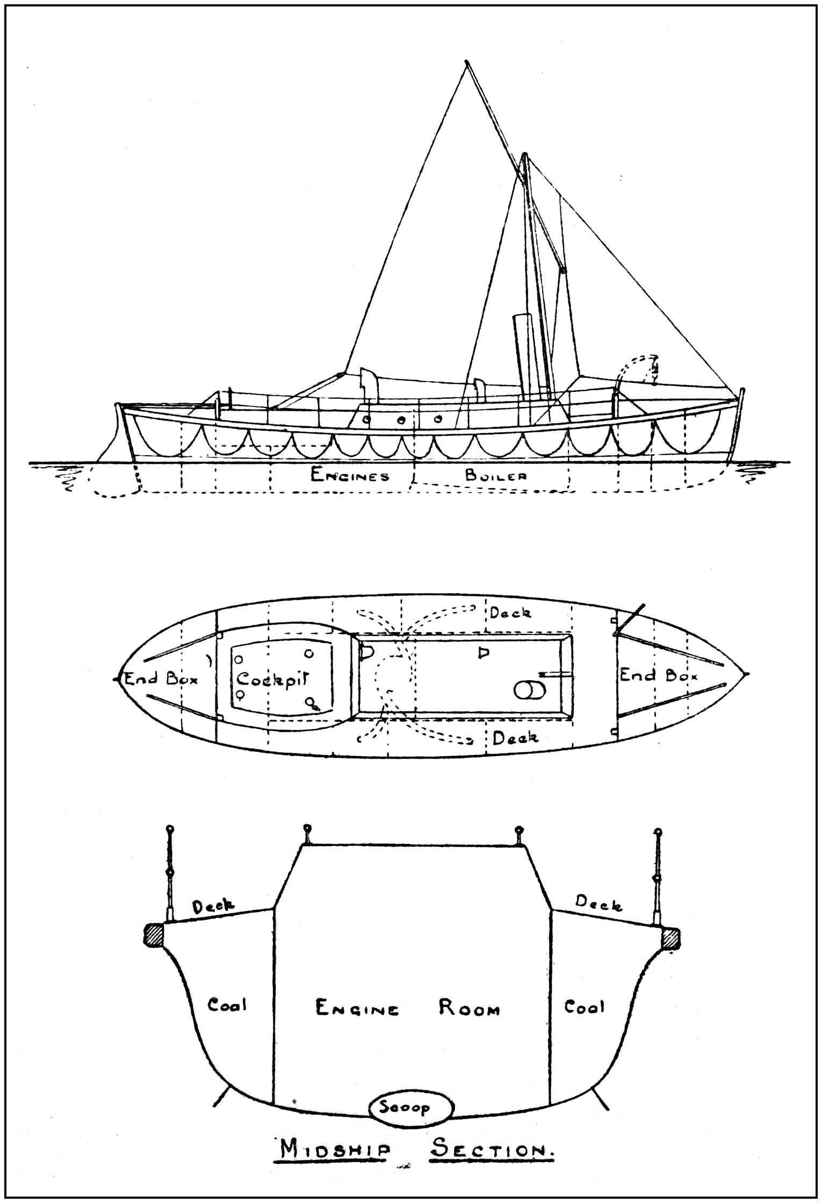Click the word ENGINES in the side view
point(350,475)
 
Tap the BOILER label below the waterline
point(495,475)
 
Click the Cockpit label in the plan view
point(274,679)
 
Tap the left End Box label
point(161,679)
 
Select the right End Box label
point(658,675)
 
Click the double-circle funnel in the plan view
point(529,690)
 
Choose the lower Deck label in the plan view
point(515,738)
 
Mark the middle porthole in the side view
point(401,420)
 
